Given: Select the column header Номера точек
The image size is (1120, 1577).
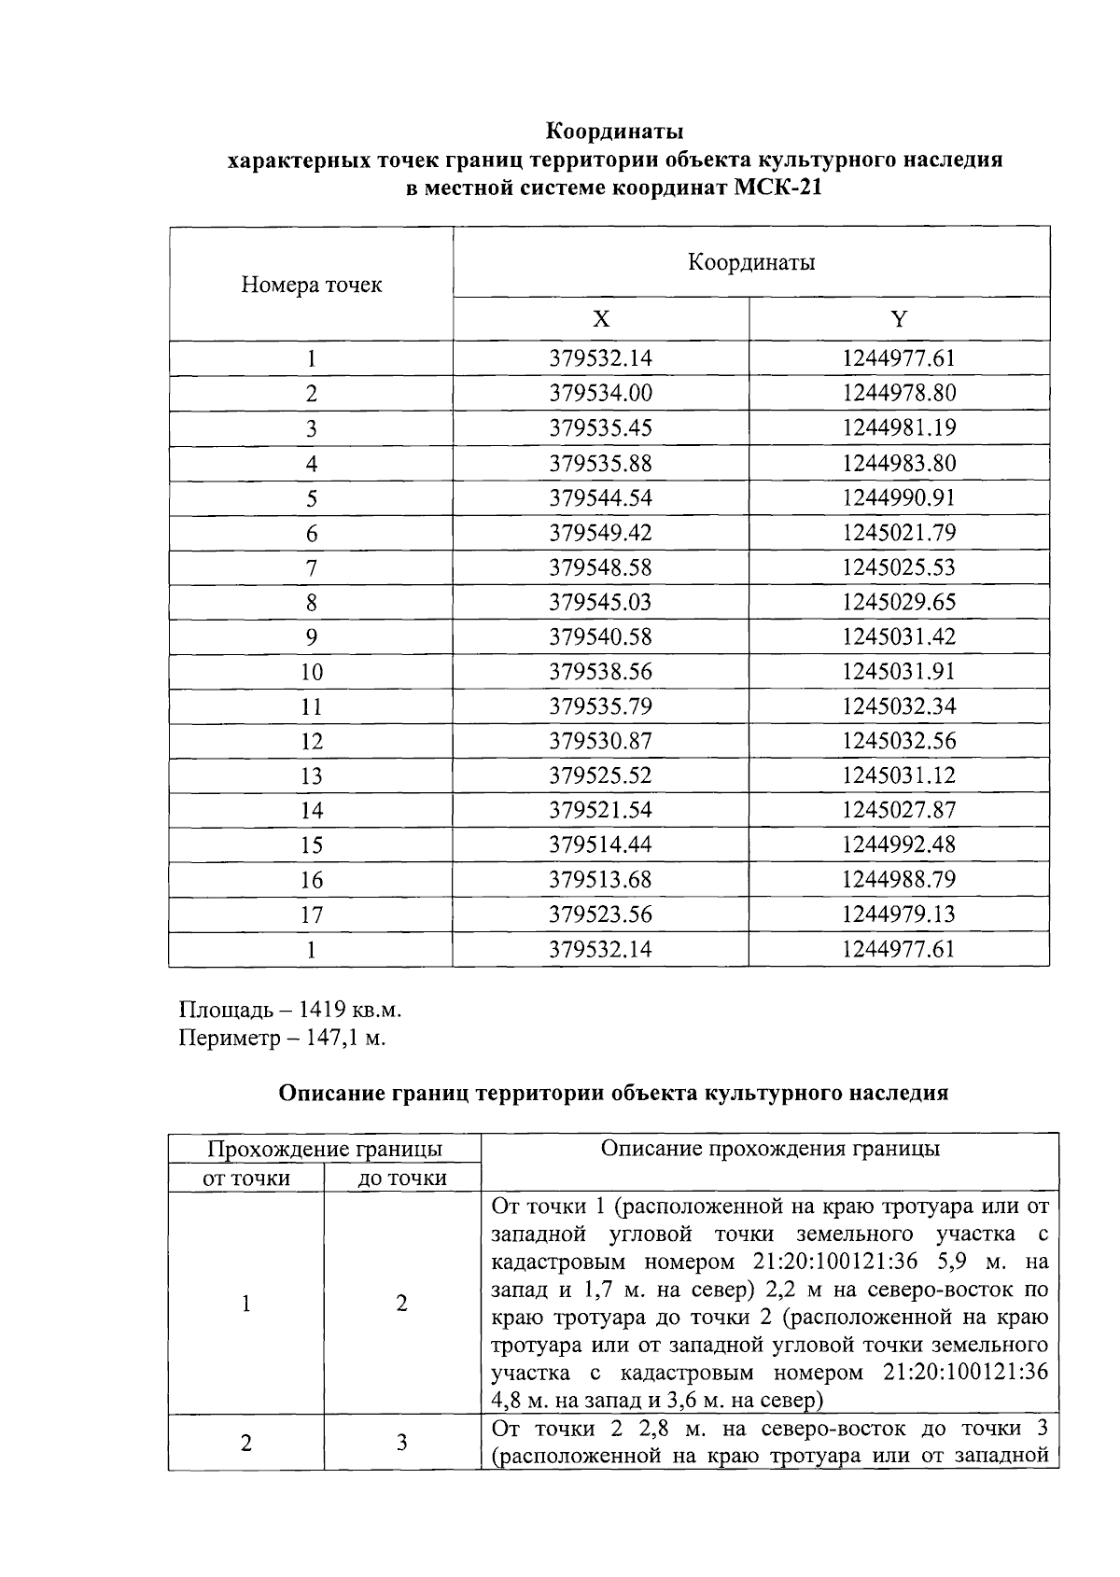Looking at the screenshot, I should point(311,285).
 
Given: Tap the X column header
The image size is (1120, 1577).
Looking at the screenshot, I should point(601,320).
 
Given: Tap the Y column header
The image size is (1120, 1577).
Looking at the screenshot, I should point(899,320).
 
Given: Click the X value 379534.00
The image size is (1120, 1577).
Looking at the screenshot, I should point(600,393).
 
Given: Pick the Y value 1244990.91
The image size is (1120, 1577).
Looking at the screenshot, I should point(899,497).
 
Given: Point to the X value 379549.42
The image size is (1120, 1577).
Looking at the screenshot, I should point(600,533).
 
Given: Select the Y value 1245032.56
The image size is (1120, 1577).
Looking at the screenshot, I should point(899,741).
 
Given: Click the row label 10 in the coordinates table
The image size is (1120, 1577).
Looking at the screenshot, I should point(311,672).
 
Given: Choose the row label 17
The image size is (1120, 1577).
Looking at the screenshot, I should point(311,914).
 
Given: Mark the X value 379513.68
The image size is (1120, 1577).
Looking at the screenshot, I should point(600,880).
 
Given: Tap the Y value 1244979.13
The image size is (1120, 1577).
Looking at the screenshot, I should point(899,914).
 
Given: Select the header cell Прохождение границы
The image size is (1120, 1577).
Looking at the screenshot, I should point(324,1149).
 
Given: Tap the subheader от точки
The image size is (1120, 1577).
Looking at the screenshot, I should point(246,1179).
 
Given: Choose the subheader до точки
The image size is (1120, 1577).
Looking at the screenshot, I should point(402,1179).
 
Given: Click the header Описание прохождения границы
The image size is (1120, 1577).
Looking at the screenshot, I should point(769,1149).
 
